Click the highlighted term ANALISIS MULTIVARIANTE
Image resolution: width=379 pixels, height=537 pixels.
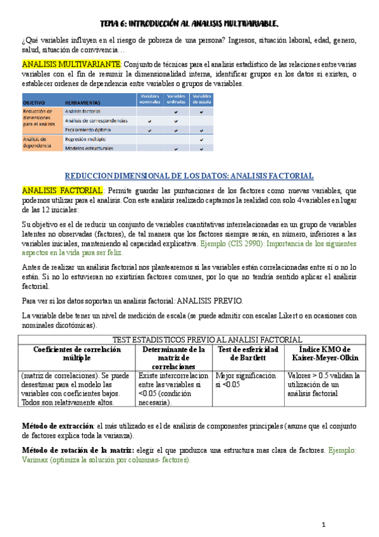71,65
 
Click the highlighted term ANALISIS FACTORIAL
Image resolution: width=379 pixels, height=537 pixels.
62,191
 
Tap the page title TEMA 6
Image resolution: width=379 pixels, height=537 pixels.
190,24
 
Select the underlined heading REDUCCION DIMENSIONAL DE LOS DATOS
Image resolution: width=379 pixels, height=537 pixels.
190,175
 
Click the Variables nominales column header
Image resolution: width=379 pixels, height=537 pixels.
149,98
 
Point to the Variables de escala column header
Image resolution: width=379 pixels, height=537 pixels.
201,98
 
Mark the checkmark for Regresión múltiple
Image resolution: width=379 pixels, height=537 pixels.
201,139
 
